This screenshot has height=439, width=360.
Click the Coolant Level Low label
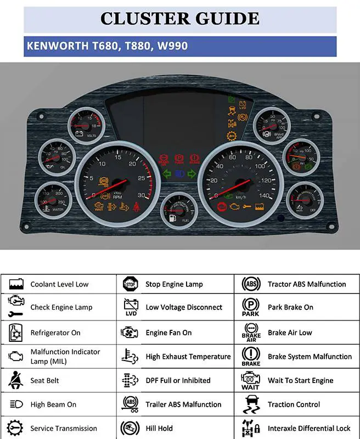(59, 284)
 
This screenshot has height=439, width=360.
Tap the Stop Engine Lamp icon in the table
(130, 284)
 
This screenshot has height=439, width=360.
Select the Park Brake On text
(290, 307)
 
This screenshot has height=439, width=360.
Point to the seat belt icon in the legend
(15, 380)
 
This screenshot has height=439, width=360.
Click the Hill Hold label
(159, 429)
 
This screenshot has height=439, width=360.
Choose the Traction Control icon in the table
(251, 404)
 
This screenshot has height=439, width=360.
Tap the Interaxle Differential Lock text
(309, 429)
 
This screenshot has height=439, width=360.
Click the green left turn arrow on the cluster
(167, 174)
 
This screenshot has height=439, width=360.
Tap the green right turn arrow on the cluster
(192, 174)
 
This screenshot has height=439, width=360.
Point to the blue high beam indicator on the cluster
(179, 174)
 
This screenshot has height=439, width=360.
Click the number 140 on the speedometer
(265, 196)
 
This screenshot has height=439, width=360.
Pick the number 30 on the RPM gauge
(142, 196)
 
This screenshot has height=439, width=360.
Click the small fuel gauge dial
(179, 212)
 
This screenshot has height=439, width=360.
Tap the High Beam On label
(53, 404)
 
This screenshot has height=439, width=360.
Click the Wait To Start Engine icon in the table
(251, 379)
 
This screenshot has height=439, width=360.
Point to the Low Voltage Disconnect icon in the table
(131, 307)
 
